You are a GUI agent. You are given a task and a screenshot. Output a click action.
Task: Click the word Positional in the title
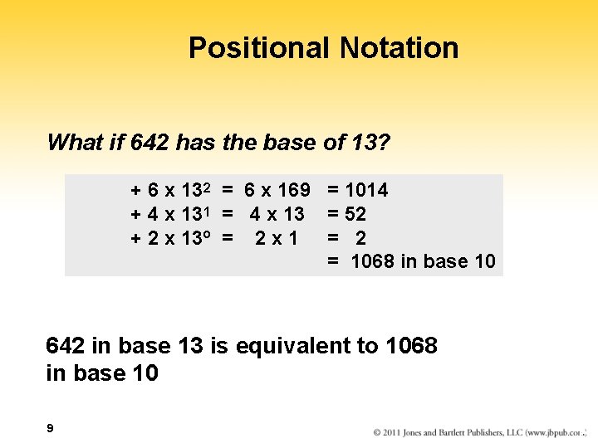(259, 48)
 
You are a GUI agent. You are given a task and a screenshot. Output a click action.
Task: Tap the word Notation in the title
(399, 48)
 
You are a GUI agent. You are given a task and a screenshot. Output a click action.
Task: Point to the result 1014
(365, 191)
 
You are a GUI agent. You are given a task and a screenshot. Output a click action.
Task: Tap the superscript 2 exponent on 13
(211, 188)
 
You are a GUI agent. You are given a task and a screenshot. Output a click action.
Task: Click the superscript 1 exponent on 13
(211, 212)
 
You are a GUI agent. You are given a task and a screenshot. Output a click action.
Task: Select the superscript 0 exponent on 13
(211, 236)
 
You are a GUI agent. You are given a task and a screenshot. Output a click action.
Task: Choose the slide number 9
(51, 428)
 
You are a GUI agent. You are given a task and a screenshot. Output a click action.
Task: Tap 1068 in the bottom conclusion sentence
(412, 346)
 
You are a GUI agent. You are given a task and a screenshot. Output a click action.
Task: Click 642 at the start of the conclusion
(64, 346)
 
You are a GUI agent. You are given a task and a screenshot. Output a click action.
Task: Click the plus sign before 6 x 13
(135, 192)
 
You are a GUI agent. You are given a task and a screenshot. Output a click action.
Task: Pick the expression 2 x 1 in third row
(277, 239)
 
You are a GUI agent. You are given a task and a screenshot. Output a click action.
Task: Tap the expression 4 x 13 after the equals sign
(277, 215)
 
